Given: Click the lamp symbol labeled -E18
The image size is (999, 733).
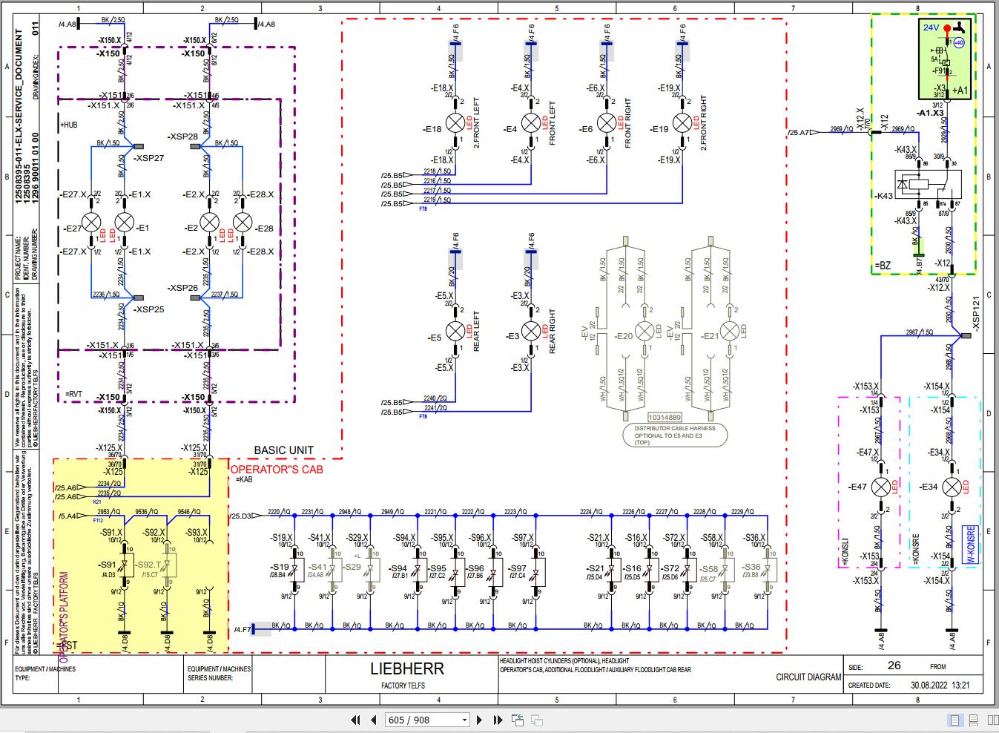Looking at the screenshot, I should [455, 123].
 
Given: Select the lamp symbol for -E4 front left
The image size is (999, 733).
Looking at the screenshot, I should [531, 123].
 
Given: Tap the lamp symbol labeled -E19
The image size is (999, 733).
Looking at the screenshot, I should [682, 123].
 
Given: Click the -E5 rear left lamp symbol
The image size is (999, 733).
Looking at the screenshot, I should [455, 331].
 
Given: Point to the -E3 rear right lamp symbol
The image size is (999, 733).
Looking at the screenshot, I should [531, 331].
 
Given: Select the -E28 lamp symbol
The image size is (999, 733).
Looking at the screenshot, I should [243, 223].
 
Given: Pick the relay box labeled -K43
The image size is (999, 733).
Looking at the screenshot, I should [927, 185].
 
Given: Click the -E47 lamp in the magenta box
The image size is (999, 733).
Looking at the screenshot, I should [880, 487].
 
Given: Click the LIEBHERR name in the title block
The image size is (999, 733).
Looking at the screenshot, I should [406, 668].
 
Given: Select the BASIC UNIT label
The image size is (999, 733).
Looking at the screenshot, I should [283, 450].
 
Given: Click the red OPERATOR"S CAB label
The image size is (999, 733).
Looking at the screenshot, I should [276, 470].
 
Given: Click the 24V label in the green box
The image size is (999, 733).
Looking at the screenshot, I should [931, 27].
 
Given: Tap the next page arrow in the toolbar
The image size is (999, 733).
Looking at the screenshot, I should [480, 720].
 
